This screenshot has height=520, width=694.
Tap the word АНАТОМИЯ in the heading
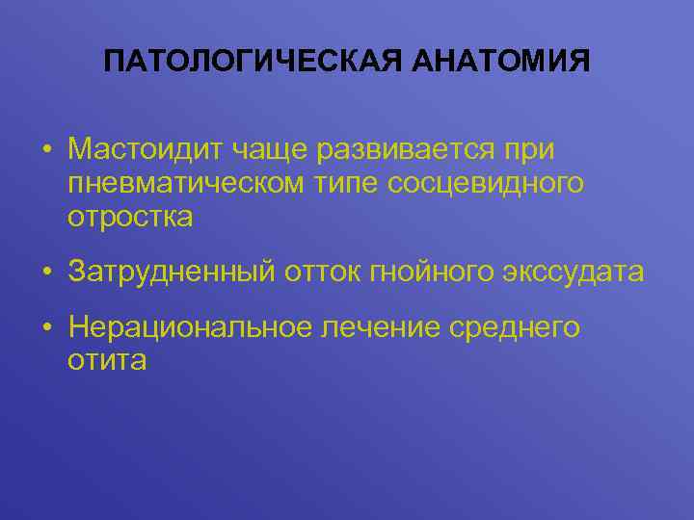pyautogui.click(x=500, y=64)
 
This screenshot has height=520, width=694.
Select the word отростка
pyautogui.click(x=130, y=217)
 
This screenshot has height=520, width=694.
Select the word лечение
pyautogui.click(x=381, y=328)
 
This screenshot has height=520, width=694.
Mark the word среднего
pyautogui.click(x=515, y=328)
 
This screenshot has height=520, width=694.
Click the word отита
pyautogui.click(x=107, y=361)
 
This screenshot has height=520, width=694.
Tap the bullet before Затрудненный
pyautogui.click(x=46, y=273)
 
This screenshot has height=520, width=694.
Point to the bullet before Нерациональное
pyautogui.click(x=46, y=329)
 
